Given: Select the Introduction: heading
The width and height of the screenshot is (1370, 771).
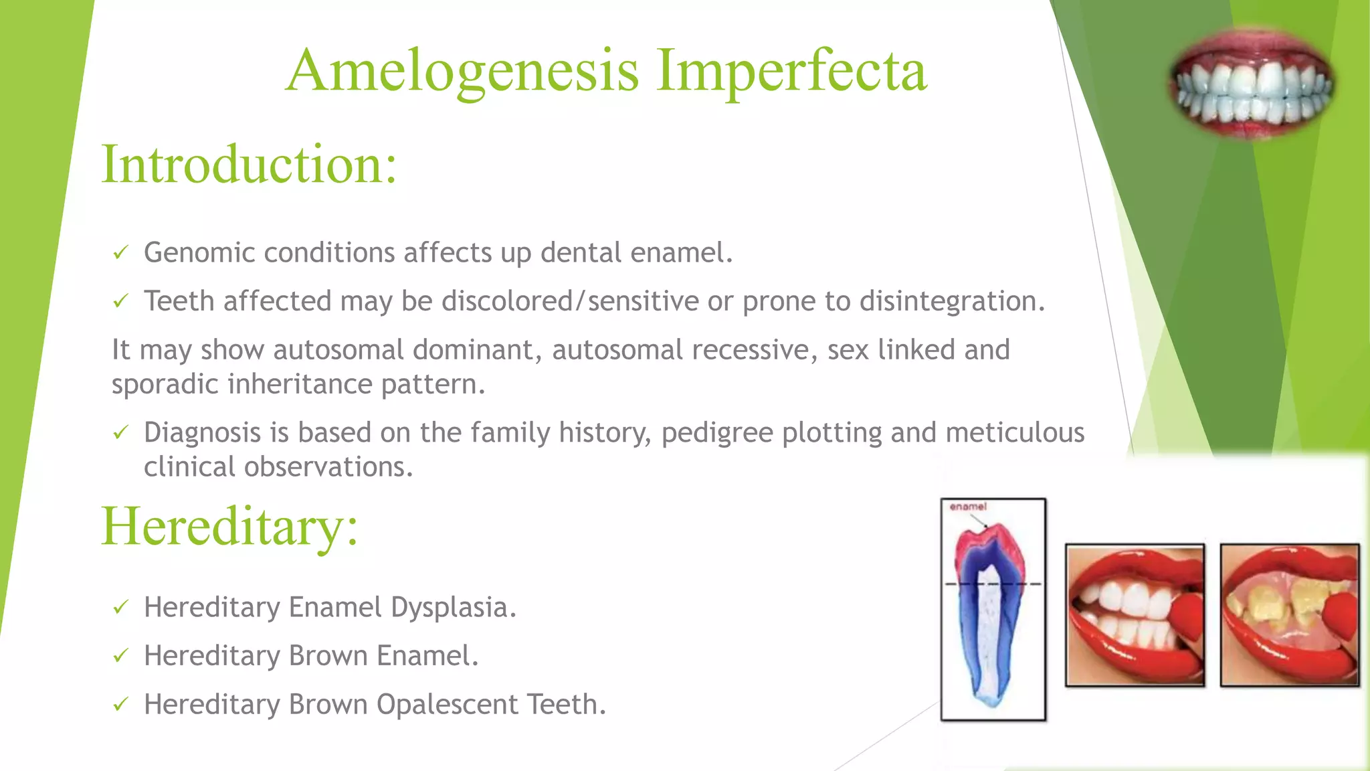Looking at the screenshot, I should (x=249, y=165).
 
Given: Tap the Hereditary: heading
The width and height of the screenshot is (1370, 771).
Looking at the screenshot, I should (x=229, y=527).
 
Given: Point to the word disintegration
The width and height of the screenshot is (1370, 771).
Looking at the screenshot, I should (x=951, y=301).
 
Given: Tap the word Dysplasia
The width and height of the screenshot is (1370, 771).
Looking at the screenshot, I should (x=453, y=607).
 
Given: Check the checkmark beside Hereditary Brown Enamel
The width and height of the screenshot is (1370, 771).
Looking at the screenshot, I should (x=120, y=656).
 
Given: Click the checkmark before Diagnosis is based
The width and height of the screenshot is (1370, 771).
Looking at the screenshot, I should (x=120, y=433).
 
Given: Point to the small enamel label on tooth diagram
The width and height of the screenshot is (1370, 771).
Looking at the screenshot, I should (x=968, y=507).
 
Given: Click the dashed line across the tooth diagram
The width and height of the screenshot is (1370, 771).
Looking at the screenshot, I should (x=993, y=584).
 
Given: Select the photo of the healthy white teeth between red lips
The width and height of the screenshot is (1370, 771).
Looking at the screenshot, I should (x=1135, y=615).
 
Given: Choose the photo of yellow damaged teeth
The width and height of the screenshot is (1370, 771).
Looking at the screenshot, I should (x=1290, y=615).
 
